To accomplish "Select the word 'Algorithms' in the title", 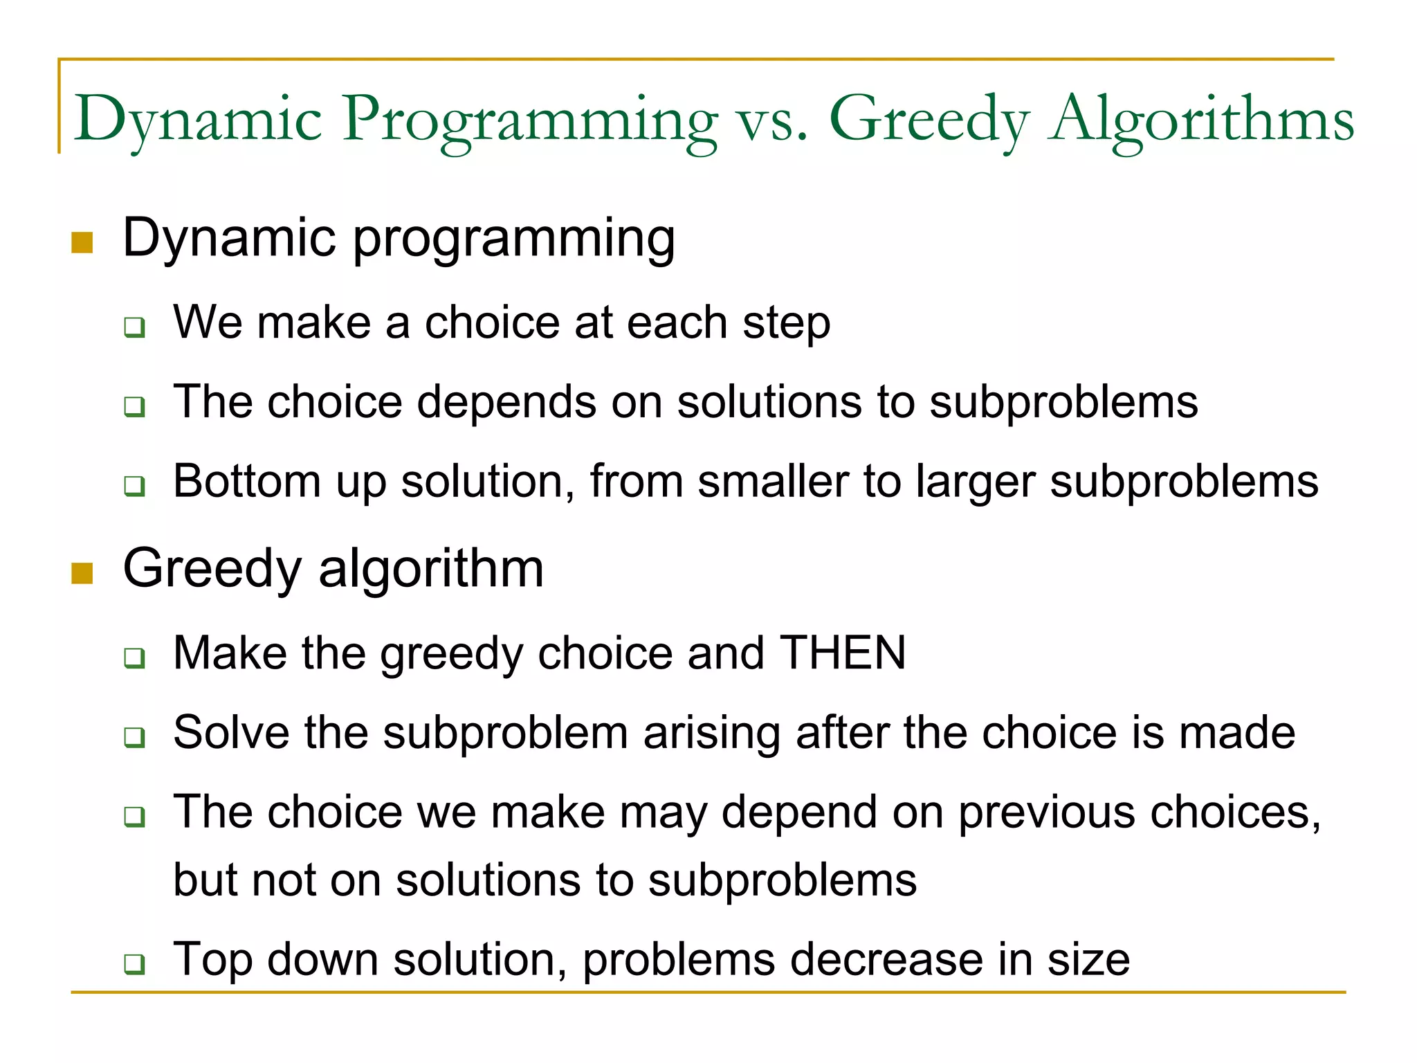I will point(1201,120).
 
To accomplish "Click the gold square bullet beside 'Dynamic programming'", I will point(82,243).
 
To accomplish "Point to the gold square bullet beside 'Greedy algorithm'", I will point(82,573).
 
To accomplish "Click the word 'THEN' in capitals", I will point(843,653).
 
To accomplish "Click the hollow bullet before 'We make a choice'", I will point(135,327).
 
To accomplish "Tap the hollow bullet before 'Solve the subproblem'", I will point(135,737).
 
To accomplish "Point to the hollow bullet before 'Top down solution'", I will point(135,964).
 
